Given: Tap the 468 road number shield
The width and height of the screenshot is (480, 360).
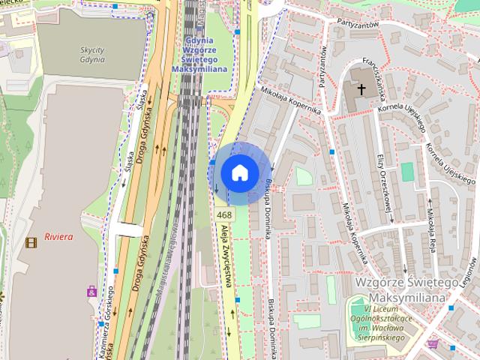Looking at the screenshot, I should tap(225, 215).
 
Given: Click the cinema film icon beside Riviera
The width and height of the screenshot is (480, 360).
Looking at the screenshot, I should tap(31, 241).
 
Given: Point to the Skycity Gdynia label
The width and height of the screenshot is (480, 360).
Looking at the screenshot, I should tap(91, 54).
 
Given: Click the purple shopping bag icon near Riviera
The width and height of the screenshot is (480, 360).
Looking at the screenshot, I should tap(92, 291).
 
